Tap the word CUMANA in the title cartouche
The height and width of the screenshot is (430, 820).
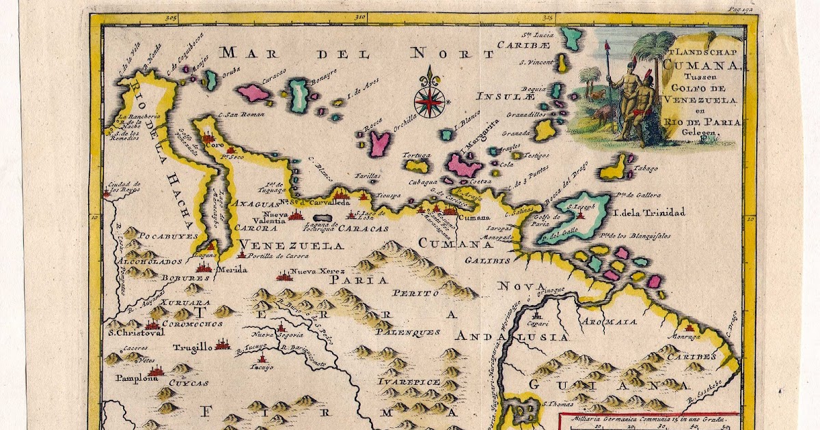[x=700, y=66]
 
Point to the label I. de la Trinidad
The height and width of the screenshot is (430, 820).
[x=649, y=212]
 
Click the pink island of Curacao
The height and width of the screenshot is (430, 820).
[x=252, y=93]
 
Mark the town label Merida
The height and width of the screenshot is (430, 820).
[x=232, y=270]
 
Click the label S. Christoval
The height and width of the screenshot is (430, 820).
[x=136, y=334]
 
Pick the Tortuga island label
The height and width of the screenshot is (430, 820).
[x=417, y=155]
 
